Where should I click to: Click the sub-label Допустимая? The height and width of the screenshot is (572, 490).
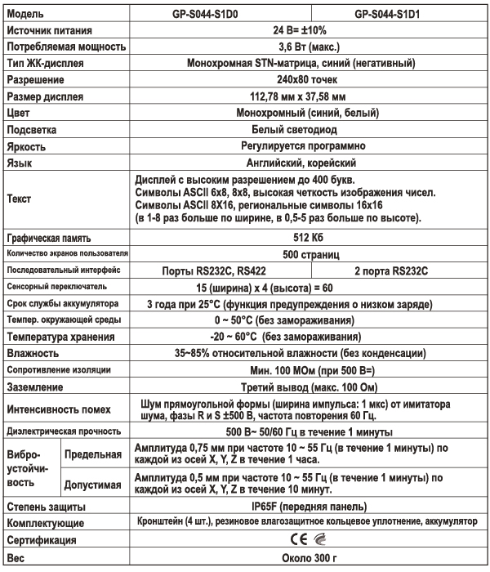[91, 483]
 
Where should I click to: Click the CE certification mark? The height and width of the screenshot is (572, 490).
[296, 540]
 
